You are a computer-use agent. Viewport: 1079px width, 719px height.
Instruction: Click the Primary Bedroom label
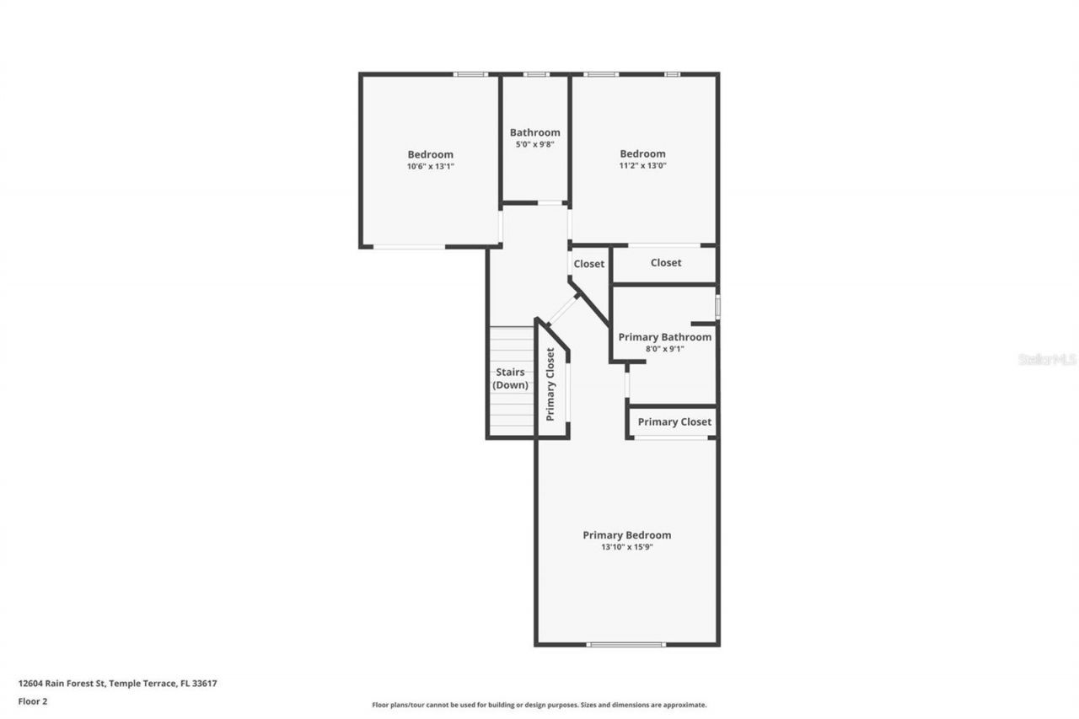626,535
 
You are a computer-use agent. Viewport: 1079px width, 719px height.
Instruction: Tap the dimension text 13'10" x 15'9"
626,547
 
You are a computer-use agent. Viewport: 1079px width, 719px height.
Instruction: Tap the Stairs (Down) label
510,378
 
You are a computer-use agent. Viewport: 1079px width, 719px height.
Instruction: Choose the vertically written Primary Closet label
550,384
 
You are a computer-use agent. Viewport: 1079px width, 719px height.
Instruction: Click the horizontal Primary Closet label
674,421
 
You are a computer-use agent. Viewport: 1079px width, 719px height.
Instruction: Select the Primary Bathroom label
664,337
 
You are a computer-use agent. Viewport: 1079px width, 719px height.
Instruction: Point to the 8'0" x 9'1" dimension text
664,348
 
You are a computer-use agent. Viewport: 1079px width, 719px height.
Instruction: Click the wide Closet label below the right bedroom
665,263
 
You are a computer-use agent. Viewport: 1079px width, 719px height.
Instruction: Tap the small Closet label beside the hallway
588,264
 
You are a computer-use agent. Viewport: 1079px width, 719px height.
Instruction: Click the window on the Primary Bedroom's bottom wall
625,645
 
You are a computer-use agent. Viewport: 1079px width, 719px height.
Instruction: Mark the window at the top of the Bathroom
535,74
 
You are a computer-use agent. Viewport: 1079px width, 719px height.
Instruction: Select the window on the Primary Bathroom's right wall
717,306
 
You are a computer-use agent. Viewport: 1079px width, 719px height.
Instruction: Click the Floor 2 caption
33,700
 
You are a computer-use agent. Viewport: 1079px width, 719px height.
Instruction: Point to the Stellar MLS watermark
1047,360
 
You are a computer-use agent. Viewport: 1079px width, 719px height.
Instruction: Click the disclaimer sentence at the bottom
539,705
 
